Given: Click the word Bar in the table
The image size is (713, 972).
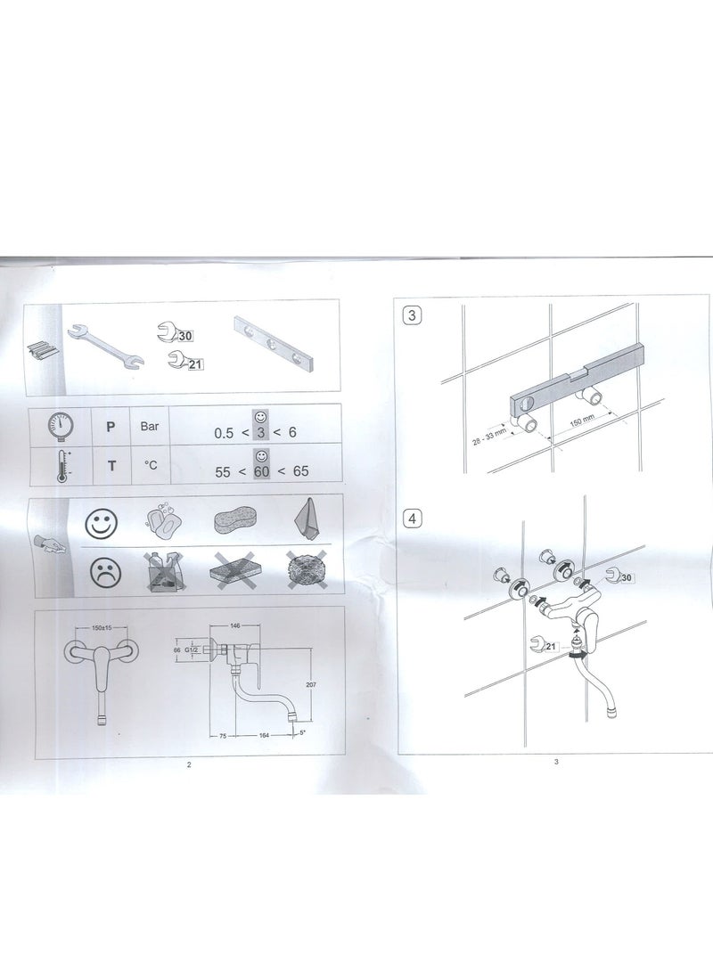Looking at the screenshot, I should tap(150, 426).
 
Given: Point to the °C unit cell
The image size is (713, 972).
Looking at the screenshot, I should tap(150, 465).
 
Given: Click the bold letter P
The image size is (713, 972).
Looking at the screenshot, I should tap(111, 427).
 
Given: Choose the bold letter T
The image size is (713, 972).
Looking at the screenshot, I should tap(111, 466).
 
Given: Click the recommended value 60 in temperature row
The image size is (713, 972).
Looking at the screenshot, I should tap(261, 471).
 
